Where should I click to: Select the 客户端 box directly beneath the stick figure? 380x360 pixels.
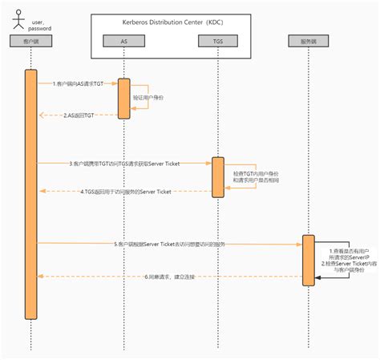click(x=30, y=39)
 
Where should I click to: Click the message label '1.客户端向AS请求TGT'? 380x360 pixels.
click(x=78, y=83)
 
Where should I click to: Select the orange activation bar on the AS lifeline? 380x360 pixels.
click(x=124, y=98)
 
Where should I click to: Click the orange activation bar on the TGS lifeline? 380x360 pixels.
click(x=216, y=176)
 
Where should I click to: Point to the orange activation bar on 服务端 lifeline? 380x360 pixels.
click(x=308, y=259)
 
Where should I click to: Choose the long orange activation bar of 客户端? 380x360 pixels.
click(x=30, y=192)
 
